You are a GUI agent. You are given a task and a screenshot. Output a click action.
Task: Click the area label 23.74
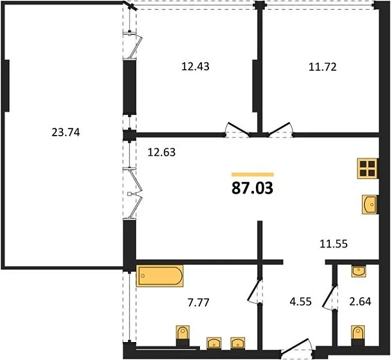click(x=66, y=132)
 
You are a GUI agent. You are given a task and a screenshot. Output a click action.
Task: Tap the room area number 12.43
click(x=195, y=67)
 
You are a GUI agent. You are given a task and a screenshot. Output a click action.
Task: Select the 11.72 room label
click(x=323, y=67)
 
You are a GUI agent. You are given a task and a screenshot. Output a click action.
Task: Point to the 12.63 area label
click(x=161, y=152)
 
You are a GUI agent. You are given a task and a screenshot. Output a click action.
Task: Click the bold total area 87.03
click(x=252, y=188)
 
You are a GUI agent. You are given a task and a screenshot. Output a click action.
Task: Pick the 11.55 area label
click(x=334, y=244)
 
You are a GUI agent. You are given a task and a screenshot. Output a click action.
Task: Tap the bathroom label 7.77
click(x=199, y=302)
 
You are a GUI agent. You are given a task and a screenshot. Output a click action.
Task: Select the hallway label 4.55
click(x=301, y=301)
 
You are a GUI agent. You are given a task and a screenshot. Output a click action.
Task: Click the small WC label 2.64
click(x=360, y=301)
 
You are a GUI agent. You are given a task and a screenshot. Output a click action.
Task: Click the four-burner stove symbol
click(x=368, y=168)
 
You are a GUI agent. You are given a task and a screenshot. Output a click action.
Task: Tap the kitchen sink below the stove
click(x=370, y=204)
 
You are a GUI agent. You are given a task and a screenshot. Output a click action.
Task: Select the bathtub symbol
click(x=159, y=276)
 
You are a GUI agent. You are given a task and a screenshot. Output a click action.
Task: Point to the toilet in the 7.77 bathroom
click(x=183, y=335)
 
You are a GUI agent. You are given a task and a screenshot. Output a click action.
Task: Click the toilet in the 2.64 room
click(x=358, y=335)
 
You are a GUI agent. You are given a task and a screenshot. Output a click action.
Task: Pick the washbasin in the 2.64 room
click(x=359, y=271)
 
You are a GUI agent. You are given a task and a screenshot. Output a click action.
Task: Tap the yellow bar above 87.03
click(x=252, y=174)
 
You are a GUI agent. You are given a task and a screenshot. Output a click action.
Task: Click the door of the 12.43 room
click(x=237, y=129)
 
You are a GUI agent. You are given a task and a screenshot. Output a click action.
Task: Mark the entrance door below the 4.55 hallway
click(x=296, y=346)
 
